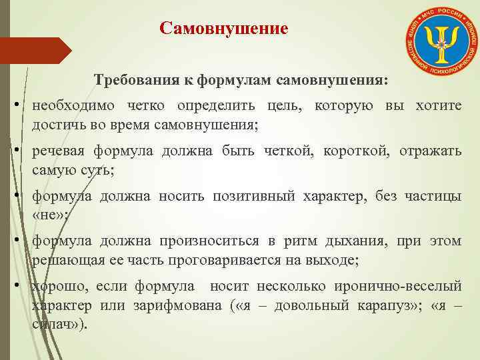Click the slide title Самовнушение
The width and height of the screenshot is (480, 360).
coord(224,29)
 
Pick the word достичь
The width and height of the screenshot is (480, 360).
coord(55,125)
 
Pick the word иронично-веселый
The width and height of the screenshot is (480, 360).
coord(400,287)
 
